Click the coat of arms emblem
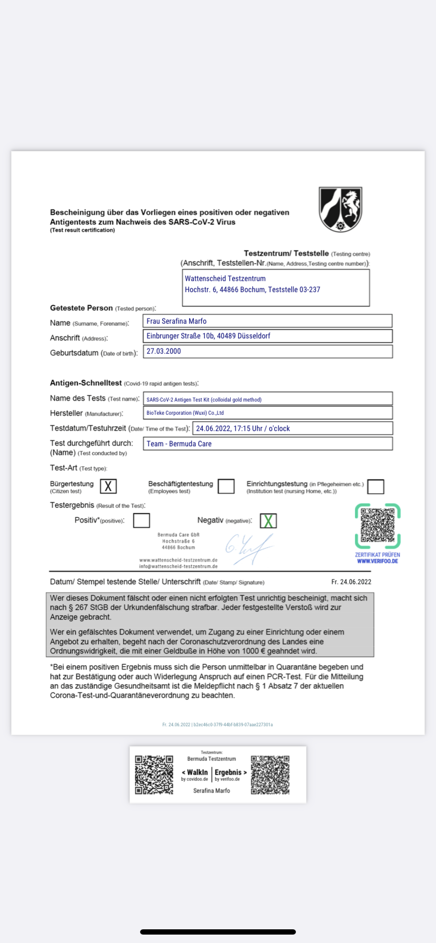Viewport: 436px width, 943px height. point(341,209)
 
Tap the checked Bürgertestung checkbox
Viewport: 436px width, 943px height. point(108,486)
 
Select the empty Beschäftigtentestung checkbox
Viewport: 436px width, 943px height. point(226,486)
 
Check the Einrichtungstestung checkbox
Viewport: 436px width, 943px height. point(375,486)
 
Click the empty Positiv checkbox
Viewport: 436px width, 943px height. point(141,520)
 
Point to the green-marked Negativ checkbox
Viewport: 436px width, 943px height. point(268,521)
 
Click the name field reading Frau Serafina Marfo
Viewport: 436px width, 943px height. point(268,321)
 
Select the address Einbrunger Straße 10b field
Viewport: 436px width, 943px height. point(268,336)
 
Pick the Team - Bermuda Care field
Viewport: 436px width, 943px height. point(268,444)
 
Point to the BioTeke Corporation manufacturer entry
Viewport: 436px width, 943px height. point(268,413)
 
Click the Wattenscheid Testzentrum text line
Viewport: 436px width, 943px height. point(225,278)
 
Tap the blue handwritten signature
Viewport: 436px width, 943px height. point(249,549)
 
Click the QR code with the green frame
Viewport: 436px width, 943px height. point(378,526)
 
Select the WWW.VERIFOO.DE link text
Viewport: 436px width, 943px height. point(378,561)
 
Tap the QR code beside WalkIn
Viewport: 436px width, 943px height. point(154,775)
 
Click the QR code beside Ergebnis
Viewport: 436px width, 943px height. point(270,775)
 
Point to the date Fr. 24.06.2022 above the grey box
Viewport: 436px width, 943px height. point(351,582)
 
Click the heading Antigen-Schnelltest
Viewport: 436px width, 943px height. point(86,383)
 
